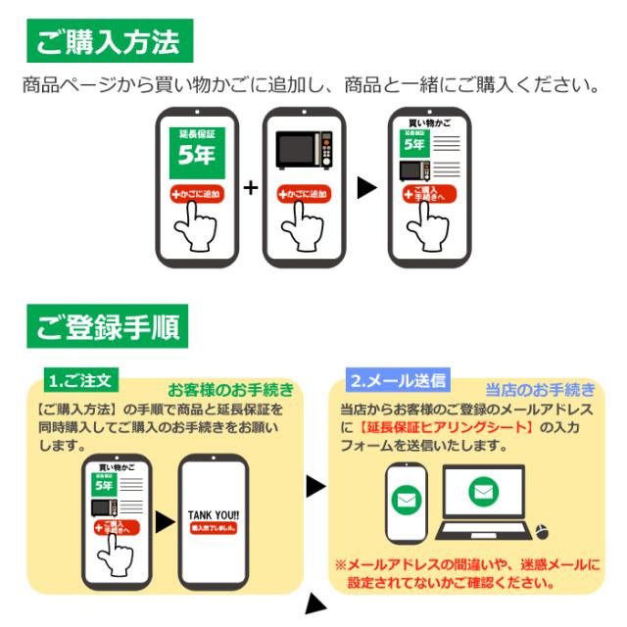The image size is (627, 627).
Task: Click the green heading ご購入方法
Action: coord(108,42)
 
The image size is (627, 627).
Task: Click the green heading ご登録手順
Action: coord(108,328)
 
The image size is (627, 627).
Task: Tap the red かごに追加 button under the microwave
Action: coord(304,194)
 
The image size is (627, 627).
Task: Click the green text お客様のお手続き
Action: coord(230,389)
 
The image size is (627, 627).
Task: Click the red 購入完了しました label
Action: coord(215,528)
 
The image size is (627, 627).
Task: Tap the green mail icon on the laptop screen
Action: coord(483,493)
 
